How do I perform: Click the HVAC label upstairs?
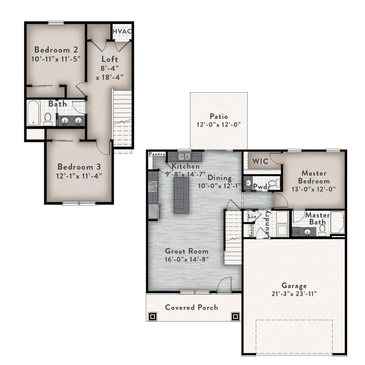click(x=122, y=31)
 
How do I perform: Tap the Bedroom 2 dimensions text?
click(x=56, y=59)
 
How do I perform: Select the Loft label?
click(x=109, y=59)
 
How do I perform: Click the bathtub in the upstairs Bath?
click(x=33, y=113)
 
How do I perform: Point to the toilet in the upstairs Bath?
click(x=48, y=119)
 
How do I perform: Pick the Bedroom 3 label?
click(x=79, y=167)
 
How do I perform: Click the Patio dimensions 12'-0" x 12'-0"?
click(x=219, y=124)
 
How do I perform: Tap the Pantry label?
click(x=157, y=154)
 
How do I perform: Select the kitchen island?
click(x=181, y=195)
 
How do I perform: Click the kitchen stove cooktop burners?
click(x=153, y=187)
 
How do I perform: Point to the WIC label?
click(x=261, y=161)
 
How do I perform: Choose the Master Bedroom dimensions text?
click(x=314, y=189)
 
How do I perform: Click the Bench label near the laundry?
click(x=251, y=230)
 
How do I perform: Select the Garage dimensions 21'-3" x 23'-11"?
click(x=294, y=294)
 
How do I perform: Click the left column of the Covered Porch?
click(x=153, y=316)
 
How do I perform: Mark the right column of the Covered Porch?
click(x=235, y=316)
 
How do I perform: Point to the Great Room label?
click(x=187, y=251)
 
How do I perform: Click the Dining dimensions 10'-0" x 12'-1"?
click(x=219, y=186)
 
